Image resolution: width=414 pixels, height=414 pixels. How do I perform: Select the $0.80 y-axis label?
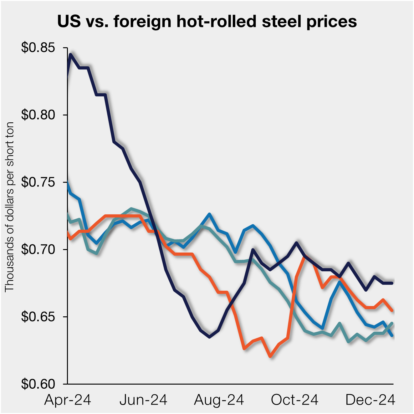(38, 115)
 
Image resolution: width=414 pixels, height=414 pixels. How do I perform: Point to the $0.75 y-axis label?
(38, 182)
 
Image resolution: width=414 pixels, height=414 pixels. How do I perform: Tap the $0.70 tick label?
(38, 249)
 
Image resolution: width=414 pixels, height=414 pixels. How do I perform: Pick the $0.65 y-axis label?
(38, 317)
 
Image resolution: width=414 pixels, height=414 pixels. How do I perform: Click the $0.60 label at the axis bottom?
(38, 384)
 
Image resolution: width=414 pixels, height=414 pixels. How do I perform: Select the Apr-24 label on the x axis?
(68, 400)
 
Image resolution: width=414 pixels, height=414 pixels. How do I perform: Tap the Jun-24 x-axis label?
(143, 400)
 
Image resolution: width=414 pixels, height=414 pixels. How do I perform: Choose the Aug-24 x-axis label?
(219, 400)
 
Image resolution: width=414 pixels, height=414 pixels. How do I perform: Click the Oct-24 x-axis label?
(294, 400)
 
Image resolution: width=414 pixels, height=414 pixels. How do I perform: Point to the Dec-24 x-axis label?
(370, 400)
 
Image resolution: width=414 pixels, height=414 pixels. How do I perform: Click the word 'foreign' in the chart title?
(142, 22)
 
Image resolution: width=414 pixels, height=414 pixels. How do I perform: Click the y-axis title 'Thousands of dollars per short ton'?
(10, 207)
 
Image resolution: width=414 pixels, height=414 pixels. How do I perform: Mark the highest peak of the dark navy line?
(71, 54)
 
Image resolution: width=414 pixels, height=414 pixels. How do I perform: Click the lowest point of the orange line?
(270, 356)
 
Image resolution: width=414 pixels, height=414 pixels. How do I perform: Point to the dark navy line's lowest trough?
(209, 337)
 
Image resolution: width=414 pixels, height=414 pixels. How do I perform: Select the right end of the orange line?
(392, 311)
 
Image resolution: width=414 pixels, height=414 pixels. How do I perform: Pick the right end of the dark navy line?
(392, 283)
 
